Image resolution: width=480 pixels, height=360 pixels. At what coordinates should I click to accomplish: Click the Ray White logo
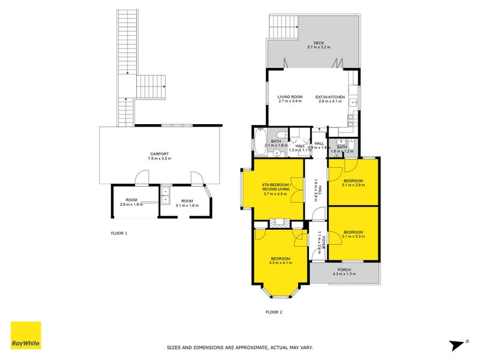point(26,335)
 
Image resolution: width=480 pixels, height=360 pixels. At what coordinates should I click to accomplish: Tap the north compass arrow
point(458,344)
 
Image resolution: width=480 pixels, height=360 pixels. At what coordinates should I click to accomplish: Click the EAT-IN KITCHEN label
point(329,99)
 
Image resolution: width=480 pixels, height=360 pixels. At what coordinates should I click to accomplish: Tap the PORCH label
point(344,272)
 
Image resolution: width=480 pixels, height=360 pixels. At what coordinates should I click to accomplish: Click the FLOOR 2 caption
point(274,312)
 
